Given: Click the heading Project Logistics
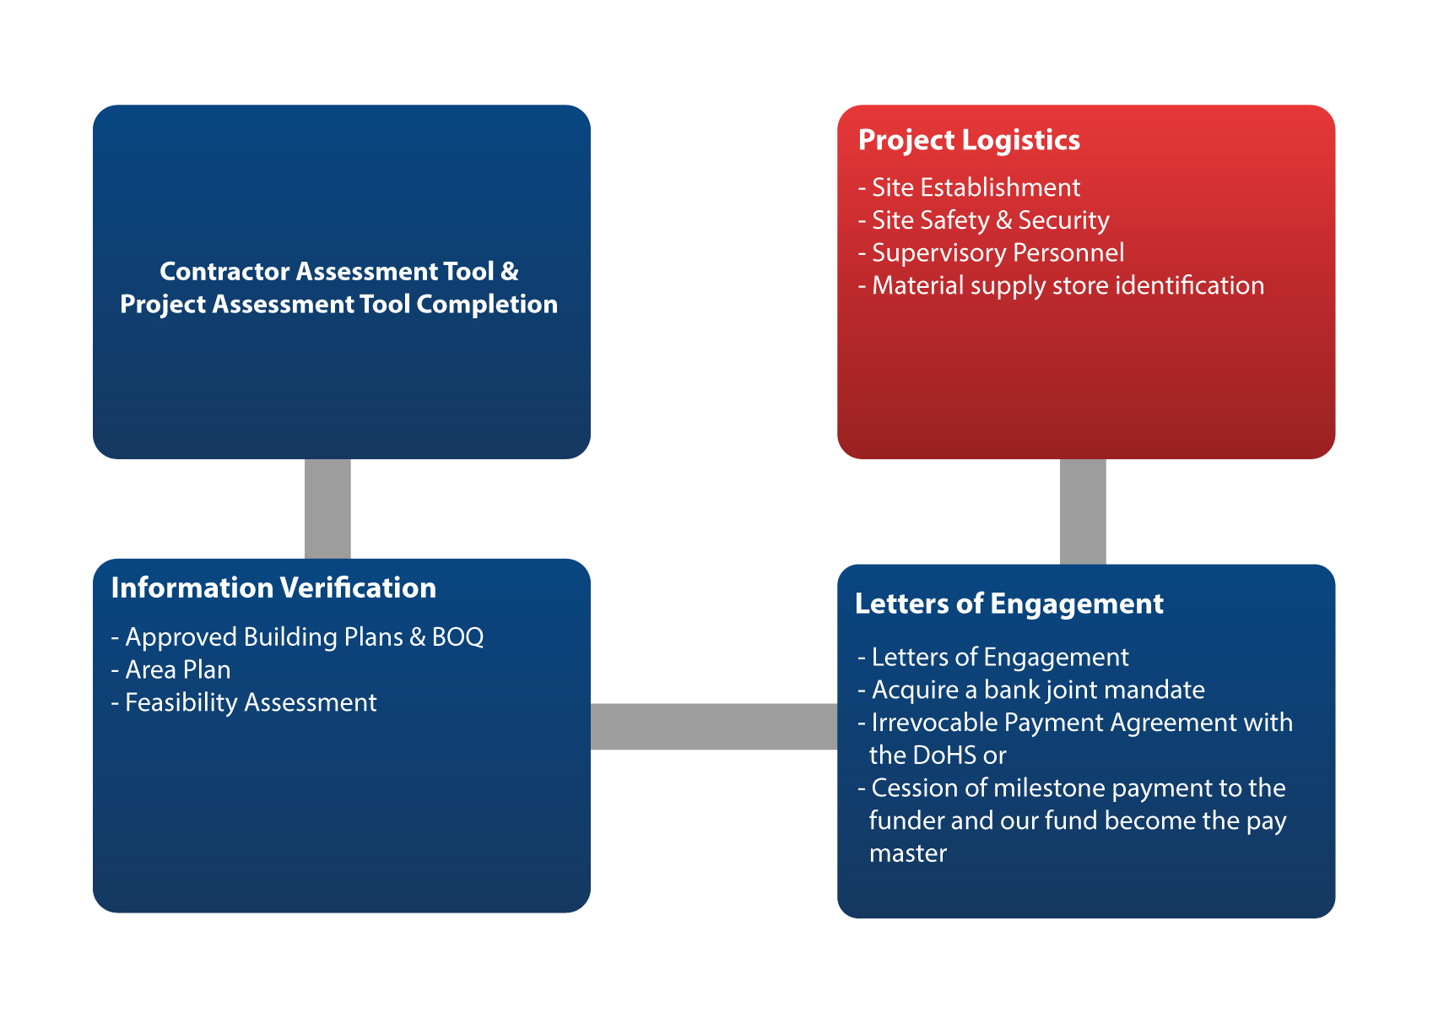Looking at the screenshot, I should [x=969, y=140].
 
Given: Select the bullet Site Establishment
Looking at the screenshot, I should [x=975, y=187].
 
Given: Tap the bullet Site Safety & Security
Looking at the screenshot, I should [x=989, y=220].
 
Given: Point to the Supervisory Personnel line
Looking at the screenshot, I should [x=997, y=253].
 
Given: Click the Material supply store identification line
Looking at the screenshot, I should [x=1067, y=286].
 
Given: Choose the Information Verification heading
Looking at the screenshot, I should [x=273, y=588].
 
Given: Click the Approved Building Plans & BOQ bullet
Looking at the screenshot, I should [x=303, y=637].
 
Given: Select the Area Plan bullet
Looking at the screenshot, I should [x=177, y=670].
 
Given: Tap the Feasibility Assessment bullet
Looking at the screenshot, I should [x=250, y=703].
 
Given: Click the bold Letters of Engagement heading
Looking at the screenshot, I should [x=1009, y=604].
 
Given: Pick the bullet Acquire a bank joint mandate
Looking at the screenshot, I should [x=1037, y=691].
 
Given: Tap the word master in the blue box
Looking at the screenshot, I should [x=908, y=853].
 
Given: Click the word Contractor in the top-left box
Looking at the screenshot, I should [x=224, y=272].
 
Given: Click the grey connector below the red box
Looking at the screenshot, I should [x=1083, y=512].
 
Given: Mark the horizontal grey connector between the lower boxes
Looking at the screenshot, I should [x=714, y=727].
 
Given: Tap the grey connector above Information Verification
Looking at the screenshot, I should [x=327, y=508].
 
